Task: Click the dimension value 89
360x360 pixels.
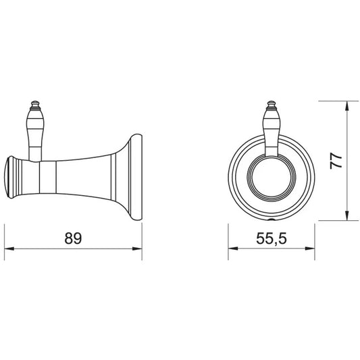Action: [x=73, y=238]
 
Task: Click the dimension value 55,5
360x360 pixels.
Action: [x=272, y=238]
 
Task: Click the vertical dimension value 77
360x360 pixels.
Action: [x=336, y=161]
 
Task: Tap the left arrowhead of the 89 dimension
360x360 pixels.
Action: [x=9, y=249]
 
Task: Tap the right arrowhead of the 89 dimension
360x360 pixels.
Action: [x=137, y=249]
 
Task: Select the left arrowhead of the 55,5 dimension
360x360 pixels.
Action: [x=233, y=249]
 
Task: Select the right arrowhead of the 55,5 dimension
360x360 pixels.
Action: [x=310, y=249]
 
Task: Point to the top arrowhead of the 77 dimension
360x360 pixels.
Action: [x=347, y=105]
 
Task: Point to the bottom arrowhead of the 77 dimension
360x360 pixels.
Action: [x=347, y=216]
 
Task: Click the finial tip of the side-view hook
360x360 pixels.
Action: [x=35, y=101]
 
